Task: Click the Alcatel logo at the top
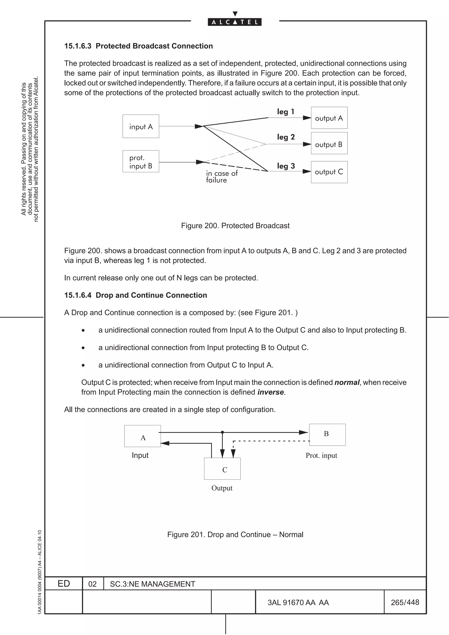click(x=234, y=22)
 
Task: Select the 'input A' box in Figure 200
click(x=141, y=126)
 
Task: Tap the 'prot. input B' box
click(x=141, y=161)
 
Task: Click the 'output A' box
click(x=329, y=118)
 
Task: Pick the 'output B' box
click(x=329, y=144)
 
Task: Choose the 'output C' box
click(x=329, y=172)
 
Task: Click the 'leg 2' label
click(x=286, y=137)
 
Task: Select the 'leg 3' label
click(x=286, y=166)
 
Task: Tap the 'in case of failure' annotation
click(x=222, y=176)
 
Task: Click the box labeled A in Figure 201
click(x=143, y=436)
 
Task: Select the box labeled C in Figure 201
click(x=222, y=468)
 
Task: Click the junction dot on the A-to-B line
click(x=222, y=432)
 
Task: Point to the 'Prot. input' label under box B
click(x=321, y=456)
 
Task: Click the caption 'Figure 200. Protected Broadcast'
click(x=235, y=226)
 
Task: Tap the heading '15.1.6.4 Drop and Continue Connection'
click(x=135, y=295)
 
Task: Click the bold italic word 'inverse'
click(x=270, y=392)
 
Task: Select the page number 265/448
click(x=405, y=602)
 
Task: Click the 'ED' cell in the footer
click(x=64, y=584)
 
